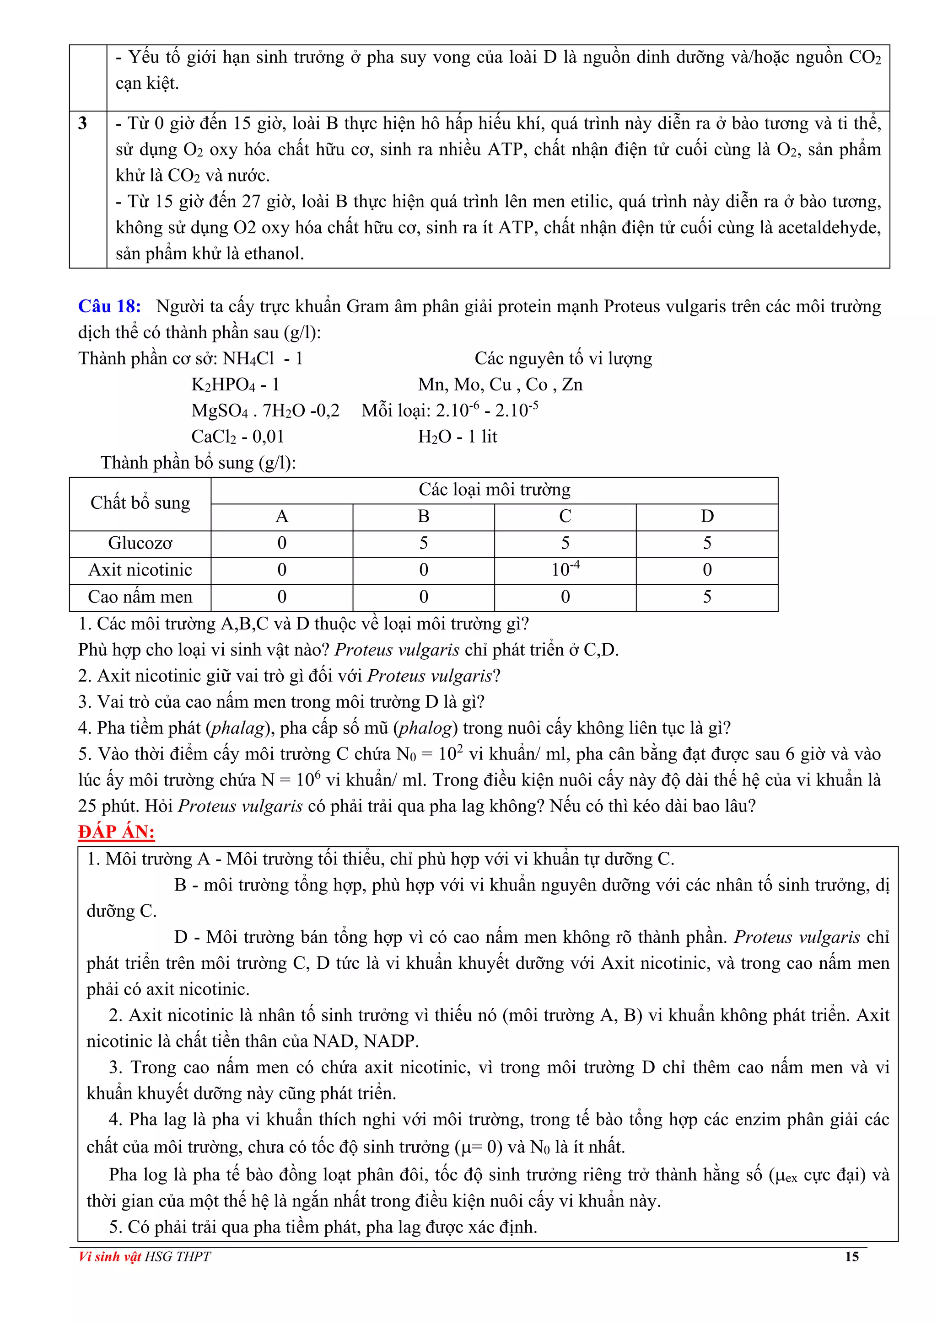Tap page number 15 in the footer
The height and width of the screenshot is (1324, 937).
pyautogui.click(x=851, y=1256)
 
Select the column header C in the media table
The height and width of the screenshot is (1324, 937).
pyautogui.click(x=565, y=516)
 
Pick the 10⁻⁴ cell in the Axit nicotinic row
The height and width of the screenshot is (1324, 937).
pyautogui.click(x=565, y=570)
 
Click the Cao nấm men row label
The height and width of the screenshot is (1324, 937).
pyautogui.click(x=140, y=597)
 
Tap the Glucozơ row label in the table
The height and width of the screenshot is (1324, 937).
pyautogui.click(x=140, y=543)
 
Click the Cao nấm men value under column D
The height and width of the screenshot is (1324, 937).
pyautogui.click(x=707, y=597)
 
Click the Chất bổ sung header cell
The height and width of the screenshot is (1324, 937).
pyautogui.click(x=140, y=503)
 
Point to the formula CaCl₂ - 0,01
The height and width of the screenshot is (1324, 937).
pyautogui.click(x=238, y=437)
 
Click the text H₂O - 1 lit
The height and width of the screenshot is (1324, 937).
pyautogui.click(x=457, y=437)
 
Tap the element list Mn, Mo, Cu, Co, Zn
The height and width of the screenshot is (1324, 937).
pyautogui.click(x=500, y=384)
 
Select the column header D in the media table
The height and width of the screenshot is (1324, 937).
pyautogui.click(x=707, y=516)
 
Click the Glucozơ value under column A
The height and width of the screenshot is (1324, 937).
pyautogui.click(x=281, y=543)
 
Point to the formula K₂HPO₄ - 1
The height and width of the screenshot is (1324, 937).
pyautogui.click(x=236, y=384)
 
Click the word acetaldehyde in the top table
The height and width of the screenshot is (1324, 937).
pyautogui.click(x=829, y=228)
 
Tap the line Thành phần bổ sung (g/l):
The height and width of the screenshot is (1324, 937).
pyautogui.click(x=198, y=463)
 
